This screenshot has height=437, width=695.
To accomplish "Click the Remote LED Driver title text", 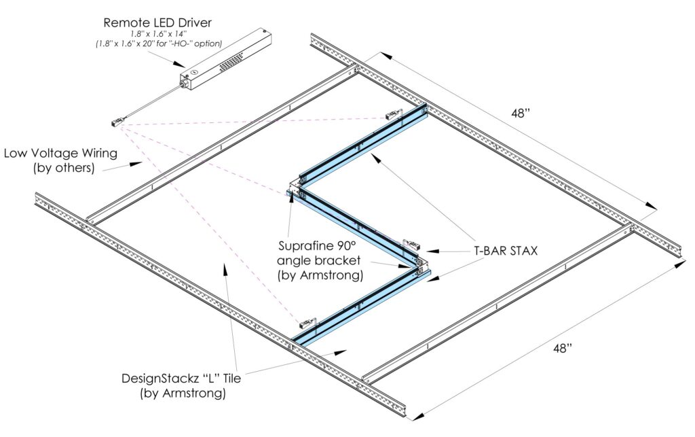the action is tap(157, 22).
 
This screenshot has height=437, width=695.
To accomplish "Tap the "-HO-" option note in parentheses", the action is tap(159, 43).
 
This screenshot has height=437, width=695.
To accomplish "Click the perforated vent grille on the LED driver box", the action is tap(232, 60).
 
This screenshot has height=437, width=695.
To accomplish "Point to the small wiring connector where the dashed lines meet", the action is tap(117, 122).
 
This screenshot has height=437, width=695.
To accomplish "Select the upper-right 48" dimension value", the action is tap(521, 113).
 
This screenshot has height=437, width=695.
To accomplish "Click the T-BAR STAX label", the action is tap(506, 251).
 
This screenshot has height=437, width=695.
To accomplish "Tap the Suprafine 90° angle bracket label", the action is tap(320, 260).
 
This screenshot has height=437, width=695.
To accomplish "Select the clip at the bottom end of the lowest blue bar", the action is tap(307, 323).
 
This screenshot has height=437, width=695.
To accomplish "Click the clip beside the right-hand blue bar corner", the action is tap(412, 244).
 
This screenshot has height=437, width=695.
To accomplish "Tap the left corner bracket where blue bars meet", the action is tap(295, 188).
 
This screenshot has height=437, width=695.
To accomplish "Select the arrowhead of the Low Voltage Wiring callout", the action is tap(135, 164).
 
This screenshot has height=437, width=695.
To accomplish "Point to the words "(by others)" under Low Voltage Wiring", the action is tap(64, 168).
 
